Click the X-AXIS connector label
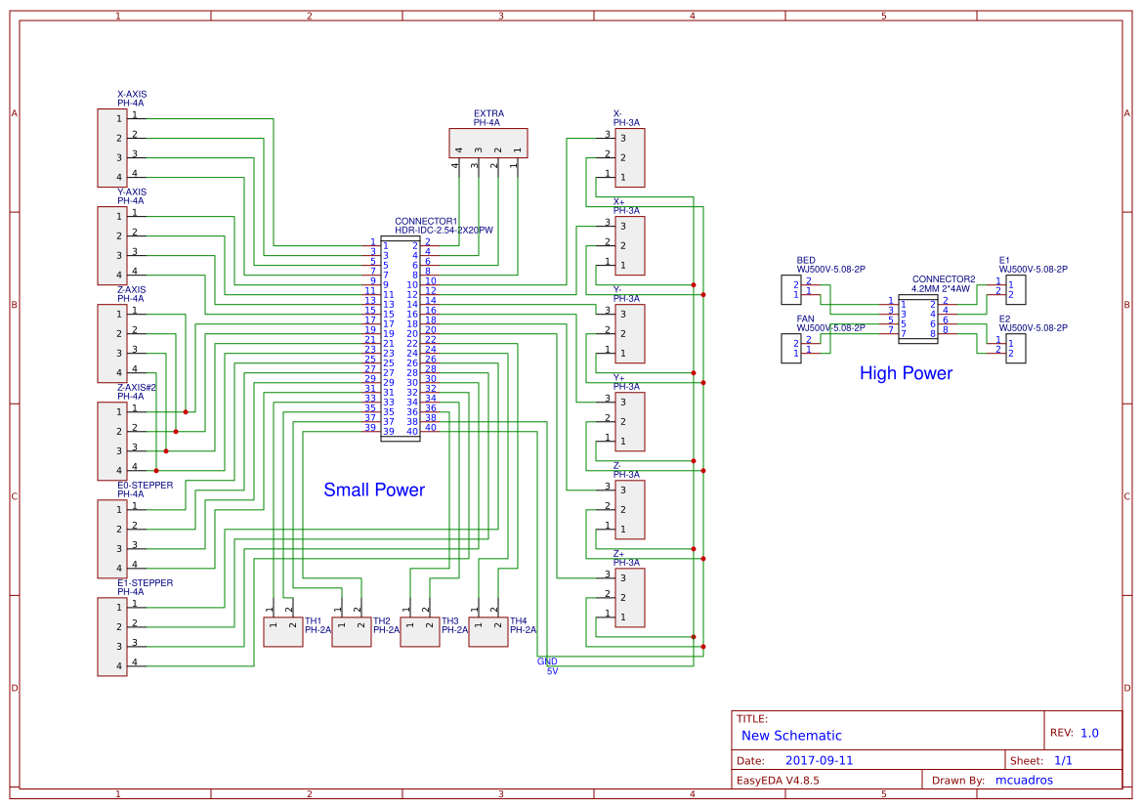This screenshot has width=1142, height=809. [x=132, y=95]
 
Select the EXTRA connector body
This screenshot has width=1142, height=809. [x=487, y=143]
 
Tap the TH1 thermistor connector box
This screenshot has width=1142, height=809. [x=282, y=632]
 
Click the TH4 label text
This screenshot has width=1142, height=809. [x=518, y=621]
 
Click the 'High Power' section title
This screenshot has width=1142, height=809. [x=906, y=373]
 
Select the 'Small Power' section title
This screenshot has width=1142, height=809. [x=374, y=490]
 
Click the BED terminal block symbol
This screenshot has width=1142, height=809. [x=789, y=289]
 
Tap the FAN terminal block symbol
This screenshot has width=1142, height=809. [x=789, y=348]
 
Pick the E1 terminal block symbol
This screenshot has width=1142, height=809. [x=1016, y=289]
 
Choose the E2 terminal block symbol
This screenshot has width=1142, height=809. [x=1016, y=348]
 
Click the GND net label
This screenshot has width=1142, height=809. [x=547, y=661]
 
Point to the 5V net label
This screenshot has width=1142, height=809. [x=552, y=671]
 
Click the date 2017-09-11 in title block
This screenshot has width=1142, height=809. [x=819, y=760]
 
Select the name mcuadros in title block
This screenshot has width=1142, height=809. [x=1024, y=780]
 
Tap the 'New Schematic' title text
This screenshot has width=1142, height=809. [x=791, y=736]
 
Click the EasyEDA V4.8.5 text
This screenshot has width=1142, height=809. [x=777, y=780]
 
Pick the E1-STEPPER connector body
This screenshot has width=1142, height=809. [x=111, y=636]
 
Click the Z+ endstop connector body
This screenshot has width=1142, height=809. [x=629, y=597]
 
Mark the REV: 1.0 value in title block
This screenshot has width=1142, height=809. [x=1089, y=733]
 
